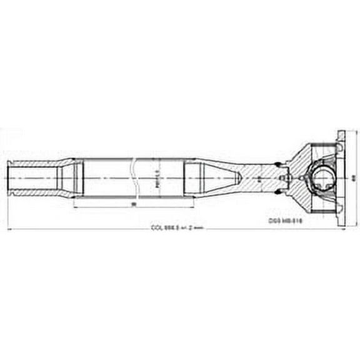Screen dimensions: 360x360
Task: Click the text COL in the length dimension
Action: tap(157, 229)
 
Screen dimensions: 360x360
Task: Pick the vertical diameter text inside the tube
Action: tap(157, 178)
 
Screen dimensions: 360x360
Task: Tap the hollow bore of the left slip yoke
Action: tap(31, 177)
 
